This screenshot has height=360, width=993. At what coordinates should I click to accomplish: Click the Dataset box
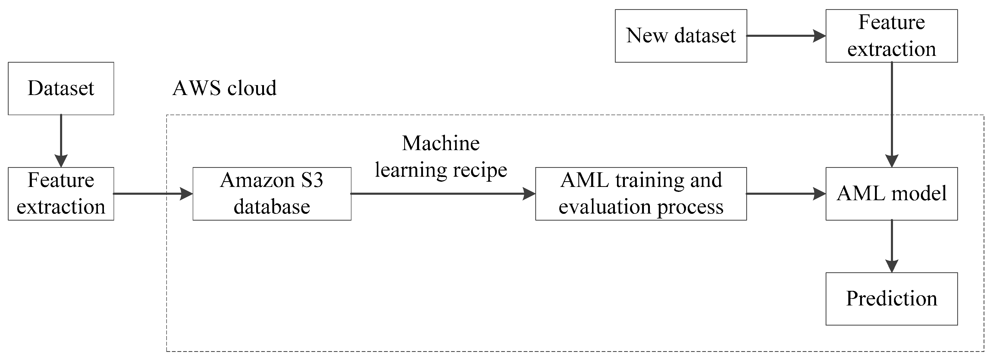61,88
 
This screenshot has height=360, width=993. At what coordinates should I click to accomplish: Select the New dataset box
681,36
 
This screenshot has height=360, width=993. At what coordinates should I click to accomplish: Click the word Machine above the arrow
440,143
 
